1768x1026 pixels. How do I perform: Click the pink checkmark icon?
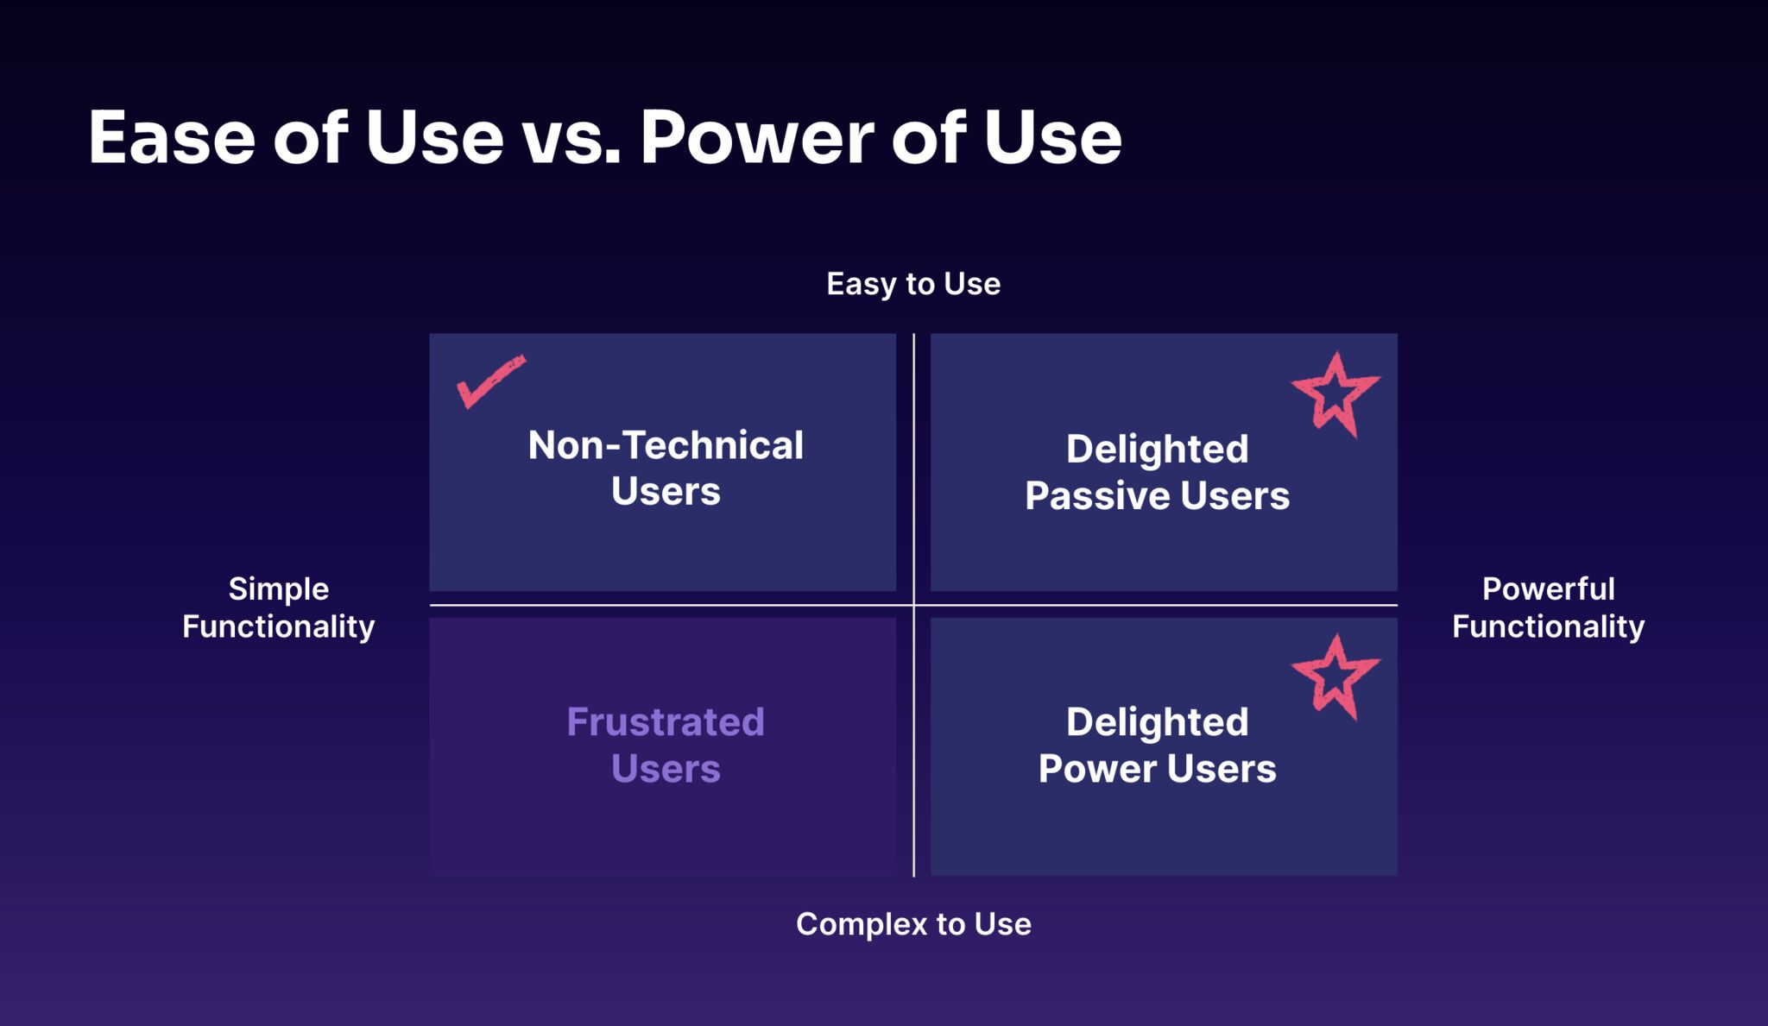489,381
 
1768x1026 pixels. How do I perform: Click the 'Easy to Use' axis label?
913,284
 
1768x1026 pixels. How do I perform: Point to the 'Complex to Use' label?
913,924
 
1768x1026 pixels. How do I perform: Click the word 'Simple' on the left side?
278,589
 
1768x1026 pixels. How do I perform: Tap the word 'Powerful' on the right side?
1548,589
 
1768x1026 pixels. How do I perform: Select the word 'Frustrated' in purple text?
665,722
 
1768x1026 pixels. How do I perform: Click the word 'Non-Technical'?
665,446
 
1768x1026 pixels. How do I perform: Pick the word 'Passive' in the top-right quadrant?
1096,496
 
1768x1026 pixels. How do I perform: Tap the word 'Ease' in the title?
172,138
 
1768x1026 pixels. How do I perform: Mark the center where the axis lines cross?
913,605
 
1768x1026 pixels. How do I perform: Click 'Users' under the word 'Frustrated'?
665,769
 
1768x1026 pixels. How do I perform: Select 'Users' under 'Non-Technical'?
665,492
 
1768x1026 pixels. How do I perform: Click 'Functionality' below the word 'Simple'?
278,626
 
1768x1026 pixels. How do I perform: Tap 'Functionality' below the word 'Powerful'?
1548,626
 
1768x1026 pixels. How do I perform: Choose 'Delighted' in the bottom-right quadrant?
1157,722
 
